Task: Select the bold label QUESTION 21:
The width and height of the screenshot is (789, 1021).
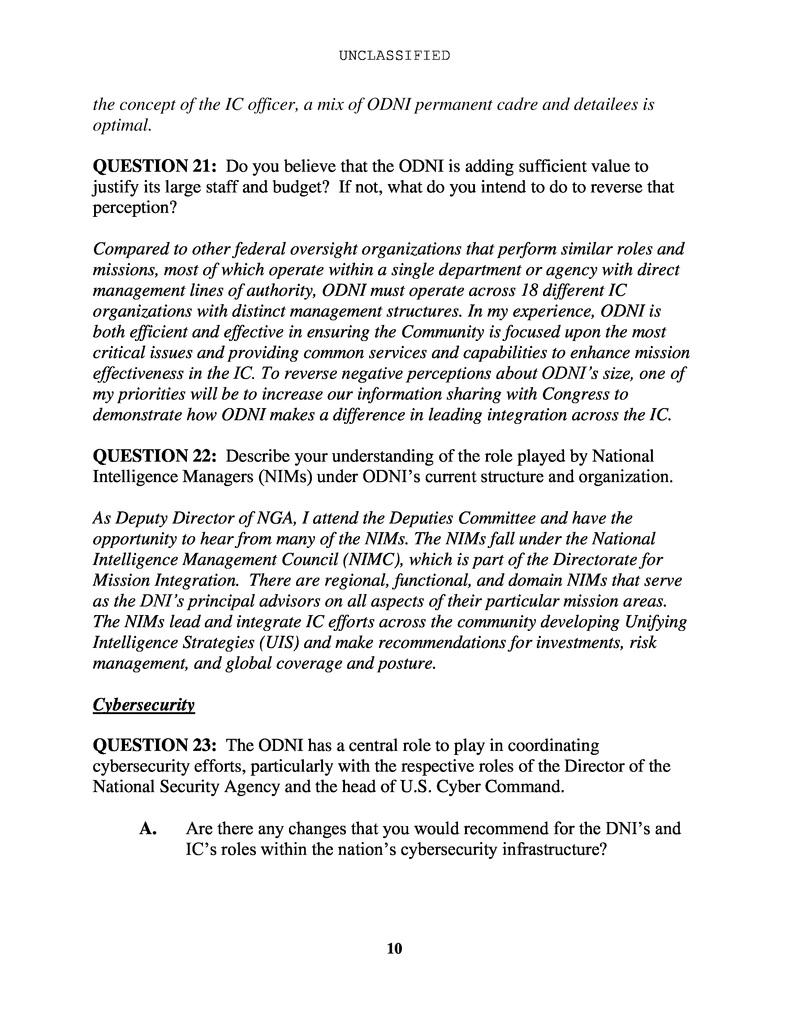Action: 154,166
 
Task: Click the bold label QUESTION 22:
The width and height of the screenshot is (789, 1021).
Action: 154,456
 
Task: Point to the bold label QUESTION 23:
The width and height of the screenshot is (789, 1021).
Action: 154,746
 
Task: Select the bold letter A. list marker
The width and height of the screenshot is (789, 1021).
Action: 148,828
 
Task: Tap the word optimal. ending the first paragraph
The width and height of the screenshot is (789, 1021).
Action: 122,125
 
